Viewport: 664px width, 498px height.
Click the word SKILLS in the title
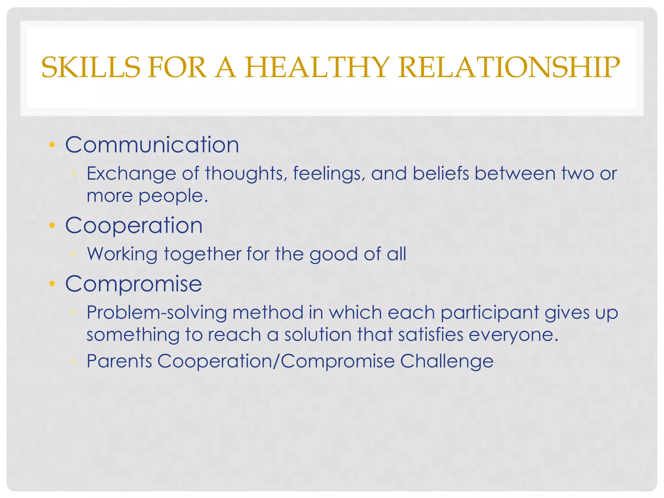91,68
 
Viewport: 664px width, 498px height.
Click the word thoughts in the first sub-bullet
246,173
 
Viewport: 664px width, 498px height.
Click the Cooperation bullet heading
134,225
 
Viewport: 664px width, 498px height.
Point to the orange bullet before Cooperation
52,225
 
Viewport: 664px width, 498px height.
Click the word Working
122,254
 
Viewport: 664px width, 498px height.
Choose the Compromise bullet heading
134,284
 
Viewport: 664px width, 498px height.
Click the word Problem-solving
157,313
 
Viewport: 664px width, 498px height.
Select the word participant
490,313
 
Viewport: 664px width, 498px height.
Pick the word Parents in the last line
119,361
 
